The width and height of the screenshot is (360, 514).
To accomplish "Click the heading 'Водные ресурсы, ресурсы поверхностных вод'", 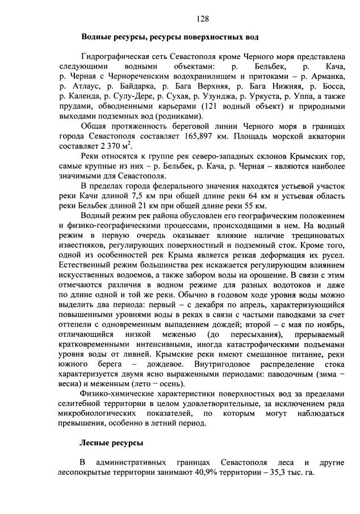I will pyautogui.click(x=170, y=37).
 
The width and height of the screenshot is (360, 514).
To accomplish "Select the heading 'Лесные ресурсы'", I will pyautogui.click(x=111, y=442).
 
